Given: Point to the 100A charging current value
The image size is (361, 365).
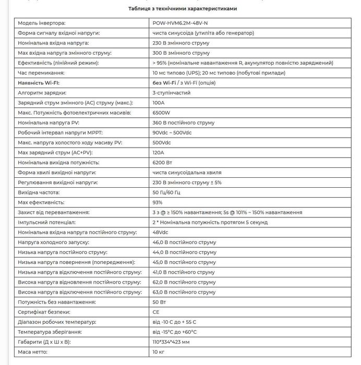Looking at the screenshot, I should point(159,103).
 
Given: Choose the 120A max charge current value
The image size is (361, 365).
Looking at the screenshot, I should point(159,152).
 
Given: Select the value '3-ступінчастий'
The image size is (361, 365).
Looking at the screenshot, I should point(172,93).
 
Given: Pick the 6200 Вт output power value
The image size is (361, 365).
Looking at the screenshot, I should point(162,163).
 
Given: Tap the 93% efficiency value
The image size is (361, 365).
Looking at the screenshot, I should point(158,202).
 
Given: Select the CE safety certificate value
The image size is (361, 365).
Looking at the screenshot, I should point(157,312).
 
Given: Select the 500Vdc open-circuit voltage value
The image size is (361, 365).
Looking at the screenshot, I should point(162,142).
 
